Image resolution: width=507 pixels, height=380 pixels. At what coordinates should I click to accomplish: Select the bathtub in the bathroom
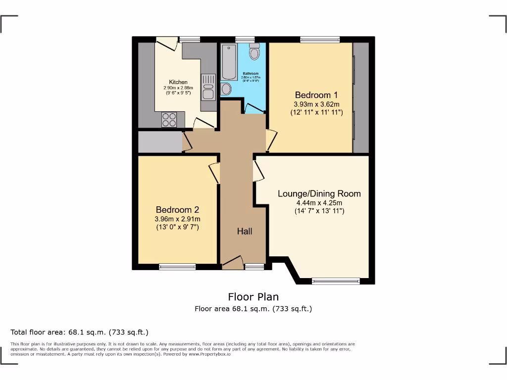[229, 61]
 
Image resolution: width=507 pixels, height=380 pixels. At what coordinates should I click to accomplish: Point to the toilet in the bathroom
[254, 51]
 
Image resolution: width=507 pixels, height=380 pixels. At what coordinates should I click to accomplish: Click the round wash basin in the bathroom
[226, 89]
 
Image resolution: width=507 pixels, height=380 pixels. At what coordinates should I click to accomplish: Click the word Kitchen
[178, 82]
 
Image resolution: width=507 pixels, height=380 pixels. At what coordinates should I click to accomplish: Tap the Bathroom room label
[251, 74]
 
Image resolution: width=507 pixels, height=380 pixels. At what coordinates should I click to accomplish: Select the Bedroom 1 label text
[316, 95]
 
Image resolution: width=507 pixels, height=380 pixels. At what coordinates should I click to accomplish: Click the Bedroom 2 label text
[177, 210]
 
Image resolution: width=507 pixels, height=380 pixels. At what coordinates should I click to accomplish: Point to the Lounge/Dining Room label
[319, 193]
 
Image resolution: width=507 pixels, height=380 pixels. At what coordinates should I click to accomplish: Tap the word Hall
[244, 231]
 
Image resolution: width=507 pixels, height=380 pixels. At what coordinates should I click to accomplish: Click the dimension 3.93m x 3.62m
[316, 104]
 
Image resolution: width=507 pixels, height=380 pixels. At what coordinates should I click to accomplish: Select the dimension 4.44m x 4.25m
[319, 202]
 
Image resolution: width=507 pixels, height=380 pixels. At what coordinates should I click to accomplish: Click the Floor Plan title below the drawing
[253, 297]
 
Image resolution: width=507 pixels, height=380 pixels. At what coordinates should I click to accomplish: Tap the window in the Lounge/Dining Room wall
[336, 281]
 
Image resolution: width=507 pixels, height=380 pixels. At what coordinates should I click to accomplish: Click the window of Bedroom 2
[177, 267]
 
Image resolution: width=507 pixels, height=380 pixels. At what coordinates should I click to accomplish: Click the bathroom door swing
[254, 108]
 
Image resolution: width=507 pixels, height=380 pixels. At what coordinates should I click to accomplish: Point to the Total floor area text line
[79, 332]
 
